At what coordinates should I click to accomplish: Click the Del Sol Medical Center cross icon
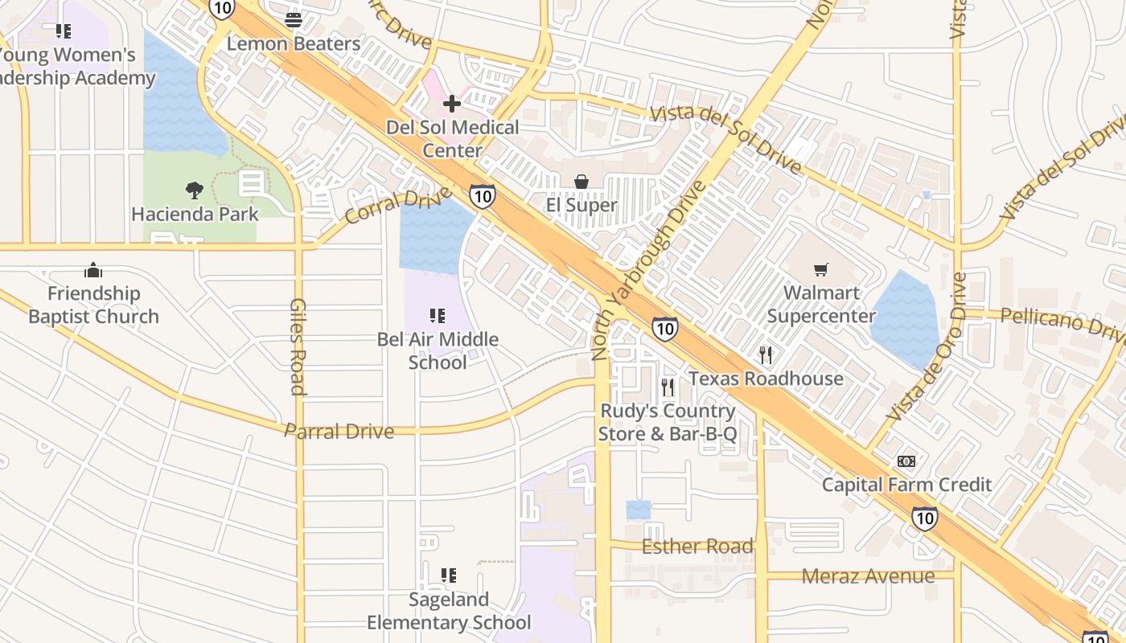tap(452, 103)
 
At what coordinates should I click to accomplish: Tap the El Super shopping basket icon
tap(581, 182)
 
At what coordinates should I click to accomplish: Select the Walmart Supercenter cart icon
tap(820, 270)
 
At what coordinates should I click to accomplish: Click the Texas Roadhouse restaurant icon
tap(766, 354)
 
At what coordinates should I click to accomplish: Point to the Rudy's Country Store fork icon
tap(668, 387)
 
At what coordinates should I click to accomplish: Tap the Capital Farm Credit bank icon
tap(906, 461)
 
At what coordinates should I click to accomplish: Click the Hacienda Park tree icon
tap(195, 190)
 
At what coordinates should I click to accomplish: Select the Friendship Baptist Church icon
tap(93, 270)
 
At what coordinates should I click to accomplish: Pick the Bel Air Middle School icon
tap(438, 316)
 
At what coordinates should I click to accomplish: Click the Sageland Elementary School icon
tap(449, 575)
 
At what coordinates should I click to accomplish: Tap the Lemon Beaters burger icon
tap(294, 19)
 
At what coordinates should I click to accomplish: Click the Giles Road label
tap(298, 346)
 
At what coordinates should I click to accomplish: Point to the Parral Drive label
tap(339, 431)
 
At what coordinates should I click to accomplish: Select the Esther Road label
tap(697, 547)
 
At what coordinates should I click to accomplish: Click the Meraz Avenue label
tap(868, 575)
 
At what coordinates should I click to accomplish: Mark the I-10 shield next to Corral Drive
tap(482, 195)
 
